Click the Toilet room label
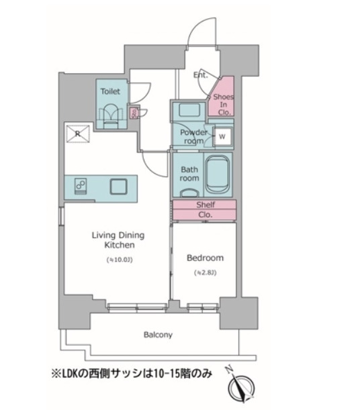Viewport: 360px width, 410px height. pos(110,90)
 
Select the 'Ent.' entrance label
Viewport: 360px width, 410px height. pos(201,75)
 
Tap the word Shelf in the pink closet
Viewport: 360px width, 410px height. pos(205,205)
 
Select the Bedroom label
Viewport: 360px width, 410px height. pos(205,258)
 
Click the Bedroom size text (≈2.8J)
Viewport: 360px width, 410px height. pos(205,272)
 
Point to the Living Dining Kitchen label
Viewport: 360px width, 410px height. pos(118,240)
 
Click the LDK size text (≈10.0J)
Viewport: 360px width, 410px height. pos(118,259)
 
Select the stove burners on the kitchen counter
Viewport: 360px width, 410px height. pos(80,185)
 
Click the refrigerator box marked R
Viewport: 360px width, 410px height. pos(77,134)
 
